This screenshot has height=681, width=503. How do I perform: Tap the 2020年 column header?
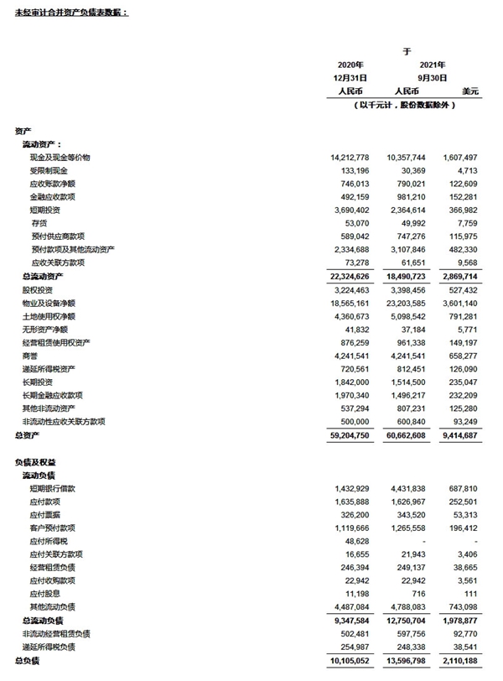pyautogui.click(x=350, y=65)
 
